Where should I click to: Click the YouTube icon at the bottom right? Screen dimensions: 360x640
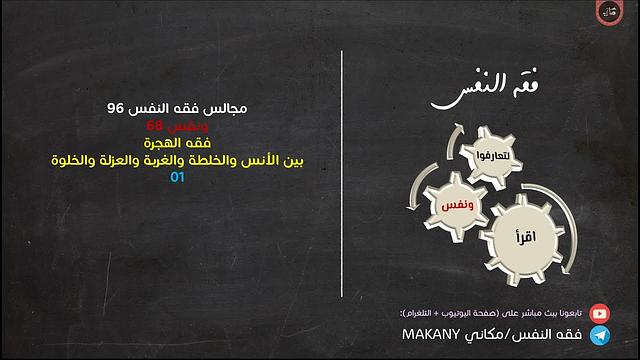[600, 312]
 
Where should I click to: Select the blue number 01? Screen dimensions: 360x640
[178, 177]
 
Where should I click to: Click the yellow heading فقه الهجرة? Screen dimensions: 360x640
[178, 142]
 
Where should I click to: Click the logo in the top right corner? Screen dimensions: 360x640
[608, 13]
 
